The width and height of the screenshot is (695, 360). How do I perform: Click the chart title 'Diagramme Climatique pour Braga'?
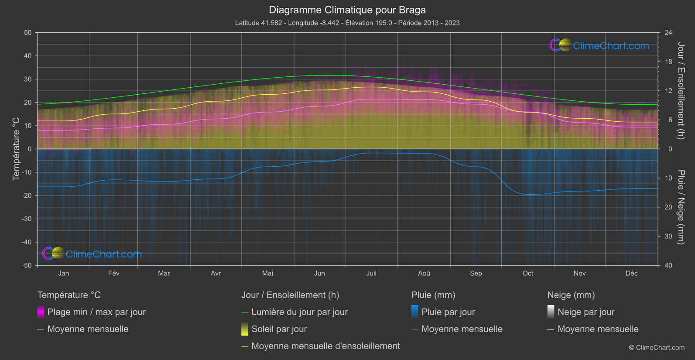click(x=347, y=10)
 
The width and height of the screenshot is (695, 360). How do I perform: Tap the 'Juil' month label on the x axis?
click(x=371, y=273)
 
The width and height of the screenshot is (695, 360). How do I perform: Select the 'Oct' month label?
click(x=528, y=273)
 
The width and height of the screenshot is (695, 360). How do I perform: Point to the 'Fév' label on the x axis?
click(x=113, y=273)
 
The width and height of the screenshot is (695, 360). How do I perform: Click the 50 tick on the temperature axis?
click(x=28, y=33)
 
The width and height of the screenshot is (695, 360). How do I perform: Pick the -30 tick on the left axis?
click(x=27, y=219)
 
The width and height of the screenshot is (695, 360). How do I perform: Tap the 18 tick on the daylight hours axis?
click(x=668, y=62)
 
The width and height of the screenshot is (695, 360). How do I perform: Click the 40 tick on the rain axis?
click(x=668, y=265)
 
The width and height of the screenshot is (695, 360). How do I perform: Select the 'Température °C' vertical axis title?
click(x=16, y=149)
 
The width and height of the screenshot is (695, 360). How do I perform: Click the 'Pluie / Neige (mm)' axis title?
click(x=681, y=207)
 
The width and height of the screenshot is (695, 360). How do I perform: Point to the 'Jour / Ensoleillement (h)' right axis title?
click(x=681, y=91)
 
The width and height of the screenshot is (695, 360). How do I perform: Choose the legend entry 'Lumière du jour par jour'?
click(x=299, y=312)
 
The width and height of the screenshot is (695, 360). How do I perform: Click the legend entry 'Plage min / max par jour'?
click(x=96, y=312)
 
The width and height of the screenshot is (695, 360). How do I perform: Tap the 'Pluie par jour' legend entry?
click(x=448, y=312)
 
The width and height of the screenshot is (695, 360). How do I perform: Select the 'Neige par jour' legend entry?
click(x=586, y=312)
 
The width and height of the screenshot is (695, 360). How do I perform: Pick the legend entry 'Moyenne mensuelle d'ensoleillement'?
click(x=325, y=346)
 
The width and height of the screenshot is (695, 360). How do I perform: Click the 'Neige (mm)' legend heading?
click(x=571, y=295)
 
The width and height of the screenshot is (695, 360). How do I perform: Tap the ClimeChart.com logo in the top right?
click(x=599, y=45)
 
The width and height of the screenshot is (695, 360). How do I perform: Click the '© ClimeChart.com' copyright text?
click(x=657, y=347)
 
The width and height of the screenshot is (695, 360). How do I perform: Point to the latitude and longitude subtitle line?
click(x=347, y=23)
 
